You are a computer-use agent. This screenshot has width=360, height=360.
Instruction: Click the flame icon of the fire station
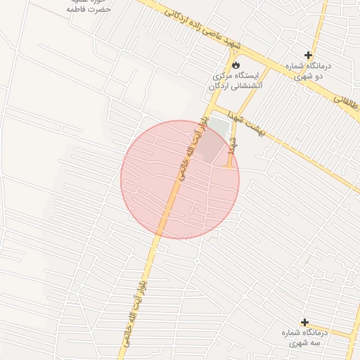click(235, 65)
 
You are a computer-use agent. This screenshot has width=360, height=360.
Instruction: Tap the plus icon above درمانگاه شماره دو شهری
click(308, 55)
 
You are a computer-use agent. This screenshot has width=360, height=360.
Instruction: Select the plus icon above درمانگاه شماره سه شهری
click(304, 321)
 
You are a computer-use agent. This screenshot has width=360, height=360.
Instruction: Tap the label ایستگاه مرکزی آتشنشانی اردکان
click(235, 80)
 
